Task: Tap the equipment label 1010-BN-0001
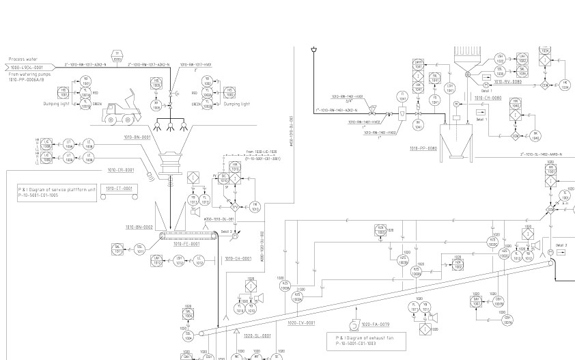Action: [137, 137]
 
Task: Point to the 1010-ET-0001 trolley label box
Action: [117, 188]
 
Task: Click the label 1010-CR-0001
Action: [120, 170]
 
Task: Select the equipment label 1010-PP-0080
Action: [423, 148]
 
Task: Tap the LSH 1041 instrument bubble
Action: [449, 87]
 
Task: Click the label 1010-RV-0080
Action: [507, 81]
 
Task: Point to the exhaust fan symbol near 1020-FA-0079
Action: [353, 325]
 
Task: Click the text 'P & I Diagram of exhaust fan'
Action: [366, 337]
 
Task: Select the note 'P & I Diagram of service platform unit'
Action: [57, 191]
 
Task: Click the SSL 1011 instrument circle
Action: [139, 250]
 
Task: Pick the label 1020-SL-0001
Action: [257, 335]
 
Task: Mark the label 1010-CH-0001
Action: [238, 258]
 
